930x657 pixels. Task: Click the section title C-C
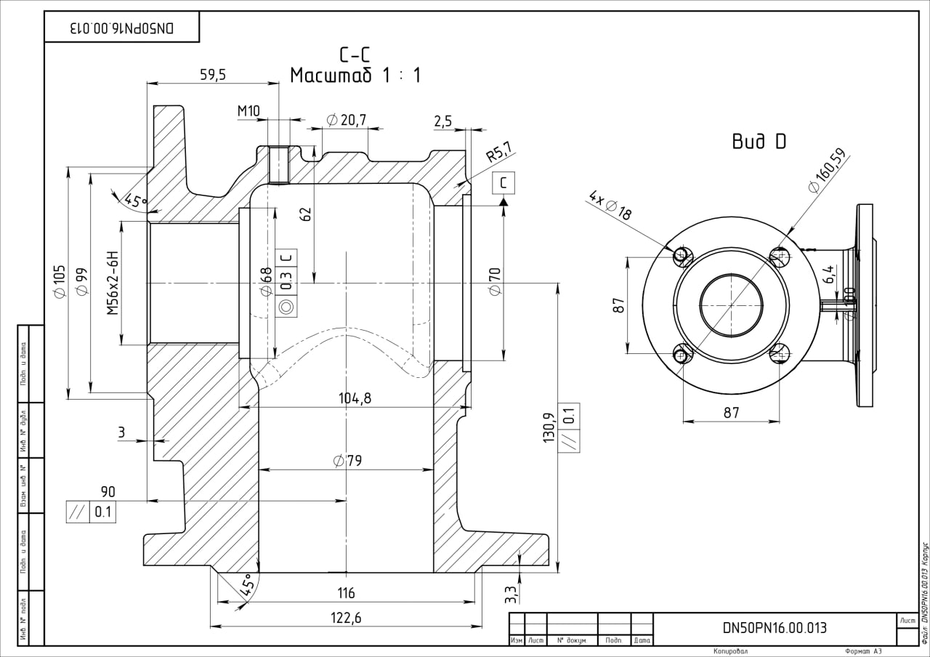click(355, 55)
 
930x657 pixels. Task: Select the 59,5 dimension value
click(212, 74)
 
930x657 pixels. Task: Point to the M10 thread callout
click(248, 110)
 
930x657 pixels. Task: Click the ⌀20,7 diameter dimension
click(347, 119)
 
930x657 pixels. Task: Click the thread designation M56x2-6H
click(112, 283)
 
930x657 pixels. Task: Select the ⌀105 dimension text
click(60, 281)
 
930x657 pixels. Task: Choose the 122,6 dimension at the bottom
click(346, 618)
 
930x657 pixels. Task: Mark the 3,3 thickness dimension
click(511, 594)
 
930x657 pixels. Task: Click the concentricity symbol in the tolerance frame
click(286, 307)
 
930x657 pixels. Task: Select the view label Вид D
click(759, 142)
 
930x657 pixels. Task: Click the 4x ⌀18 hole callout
click(611, 206)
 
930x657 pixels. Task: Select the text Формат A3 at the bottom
click(862, 651)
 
